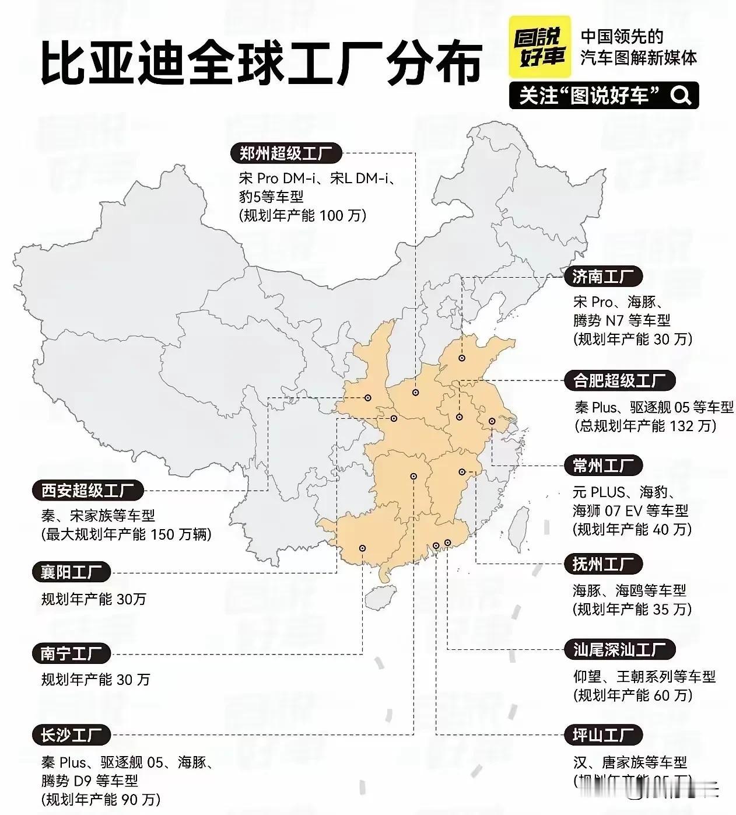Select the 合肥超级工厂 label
coord(619,381)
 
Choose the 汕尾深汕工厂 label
coord(619,649)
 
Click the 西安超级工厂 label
coord(88,491)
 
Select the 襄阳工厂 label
coord(72,572)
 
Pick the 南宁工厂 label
coord(72,653)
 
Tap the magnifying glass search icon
coord(680,95)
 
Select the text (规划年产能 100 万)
coord(303,215)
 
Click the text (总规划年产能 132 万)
coord(645,426)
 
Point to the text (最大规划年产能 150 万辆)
coord(126,534)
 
